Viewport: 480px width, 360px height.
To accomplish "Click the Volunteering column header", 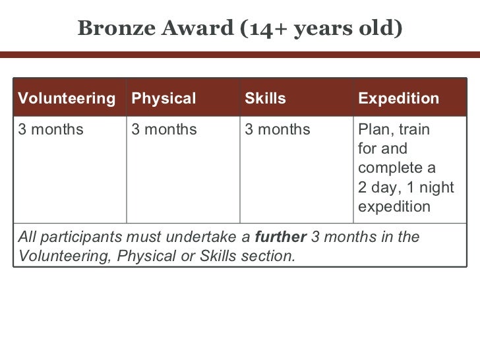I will [x=65, y=99].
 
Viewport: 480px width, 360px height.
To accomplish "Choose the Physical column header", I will [x=164, y=99].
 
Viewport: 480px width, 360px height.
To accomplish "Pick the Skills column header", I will [x=265, y=99].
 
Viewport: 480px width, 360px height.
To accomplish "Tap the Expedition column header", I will [x=398, y=99].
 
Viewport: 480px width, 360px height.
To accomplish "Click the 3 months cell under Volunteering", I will [x=51, y=129].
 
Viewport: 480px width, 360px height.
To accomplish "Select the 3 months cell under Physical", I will [x=164, y=129].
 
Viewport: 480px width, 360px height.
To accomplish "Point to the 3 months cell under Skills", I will [x=277, y=129].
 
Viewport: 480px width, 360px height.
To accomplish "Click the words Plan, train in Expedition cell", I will [x=394, y=129].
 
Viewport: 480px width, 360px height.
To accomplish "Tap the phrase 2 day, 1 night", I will [x=405, y=188].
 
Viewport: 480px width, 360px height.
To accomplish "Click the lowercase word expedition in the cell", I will [x=394, y=207].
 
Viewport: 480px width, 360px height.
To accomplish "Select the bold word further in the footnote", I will [x=280, y=237].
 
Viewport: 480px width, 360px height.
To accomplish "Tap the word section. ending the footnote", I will [x=269, y=256].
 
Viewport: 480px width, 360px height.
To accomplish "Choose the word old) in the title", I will [x=380, y=28].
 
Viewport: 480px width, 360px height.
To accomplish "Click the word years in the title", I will [x=320, y=28].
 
